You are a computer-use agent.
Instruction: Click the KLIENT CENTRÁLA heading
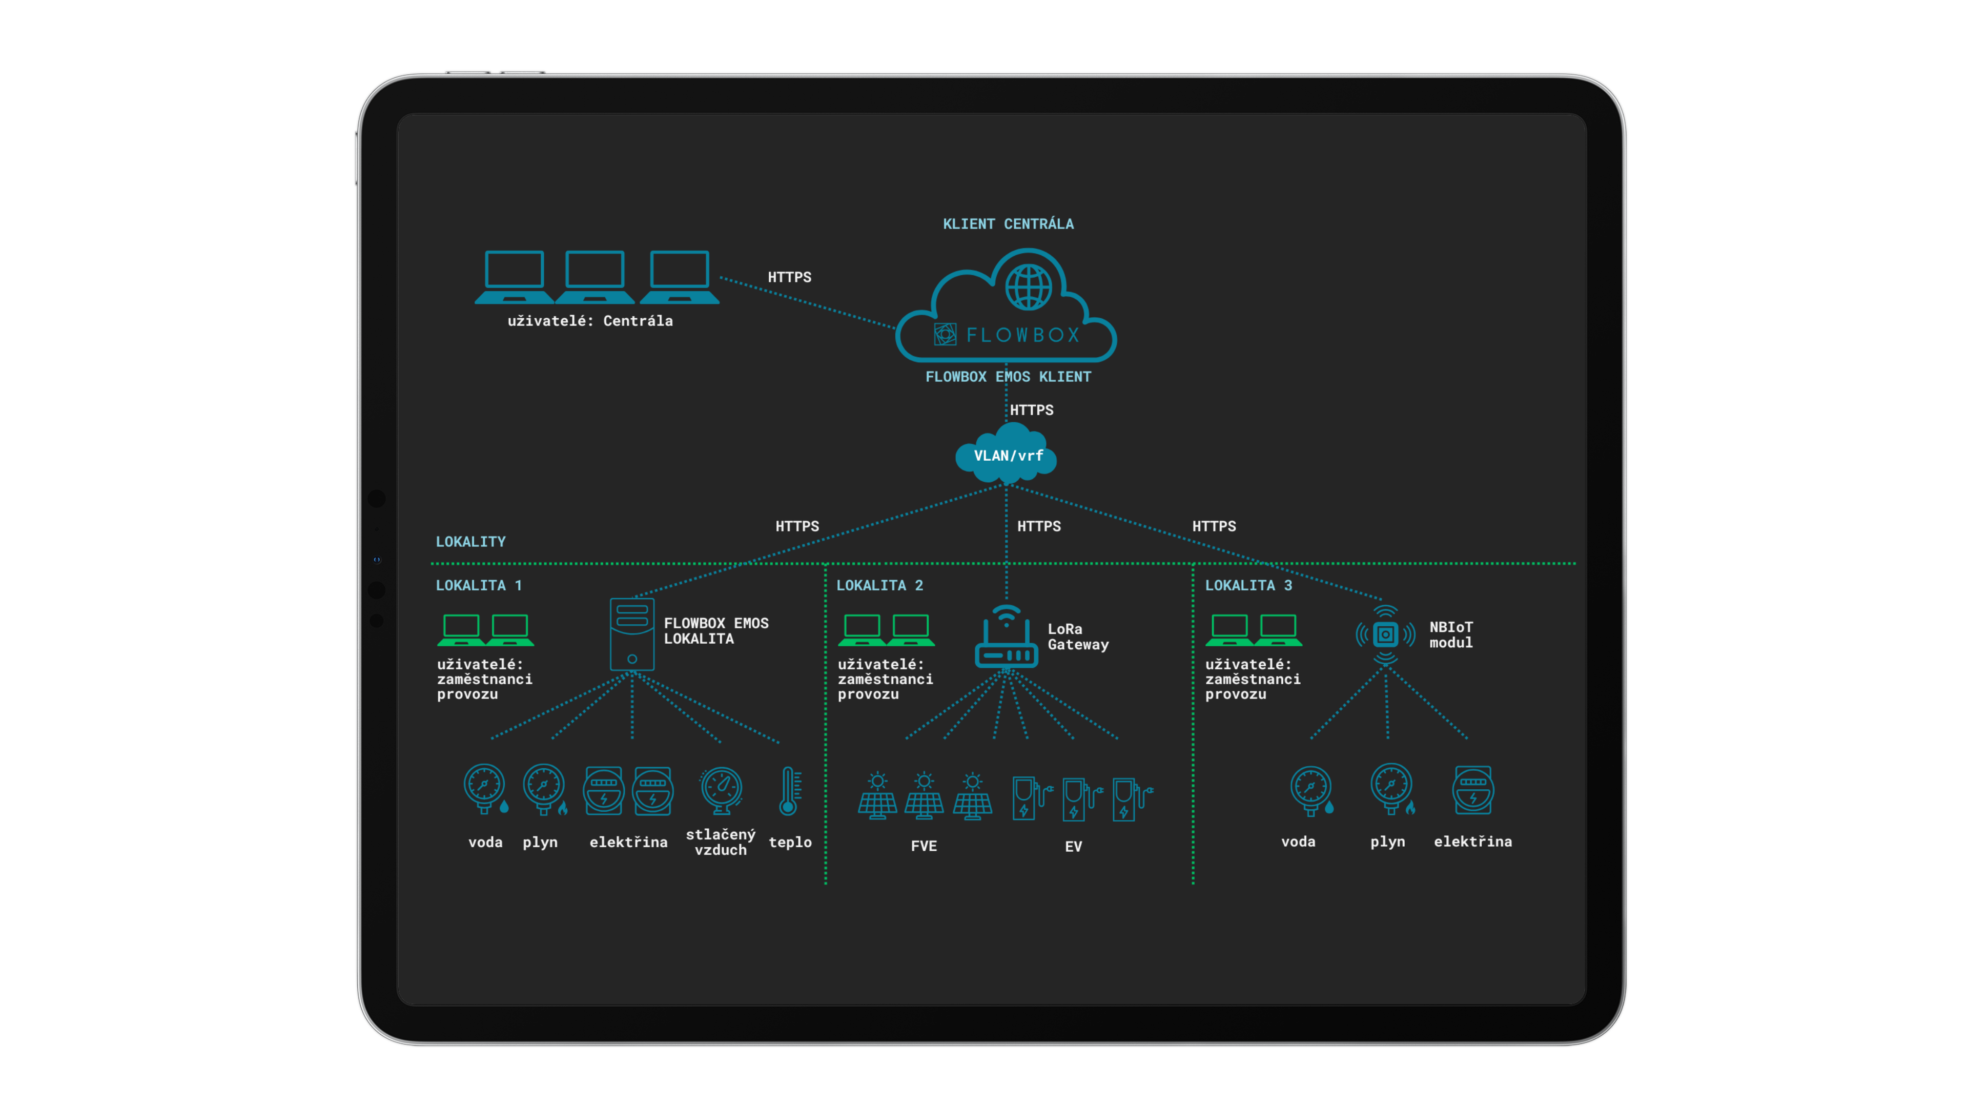1008,224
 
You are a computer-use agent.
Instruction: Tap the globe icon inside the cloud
1028,287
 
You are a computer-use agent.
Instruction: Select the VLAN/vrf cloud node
1008,456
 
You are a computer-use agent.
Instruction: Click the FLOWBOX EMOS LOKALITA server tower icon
632,634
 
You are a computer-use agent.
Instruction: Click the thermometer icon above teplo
789,791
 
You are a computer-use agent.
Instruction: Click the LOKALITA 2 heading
879,585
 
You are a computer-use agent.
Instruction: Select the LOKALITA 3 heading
1248,585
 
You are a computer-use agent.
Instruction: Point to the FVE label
924,846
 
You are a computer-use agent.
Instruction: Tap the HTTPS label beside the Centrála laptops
789,277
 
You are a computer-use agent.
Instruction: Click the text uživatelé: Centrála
590,321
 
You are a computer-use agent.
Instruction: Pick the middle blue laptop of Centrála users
594,276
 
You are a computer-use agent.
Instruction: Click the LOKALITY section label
470,542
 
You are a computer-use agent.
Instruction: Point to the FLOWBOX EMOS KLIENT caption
1008,377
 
